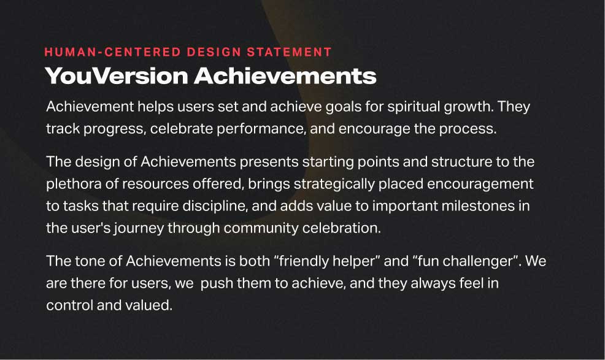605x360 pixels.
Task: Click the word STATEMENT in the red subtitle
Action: pyautogui.click(x=289, y=52)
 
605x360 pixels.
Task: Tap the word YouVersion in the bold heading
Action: pyautogui.click(x=116, y=75)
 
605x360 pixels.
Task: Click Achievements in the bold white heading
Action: pyautogui.click(x=285, y=75)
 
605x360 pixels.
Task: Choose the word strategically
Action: pyautogui.click(x=334, y=184)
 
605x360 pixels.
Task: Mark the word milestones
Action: pyautogui.click(x=478, y=206)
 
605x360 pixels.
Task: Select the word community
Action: pyautogui.click(x=261, y=228)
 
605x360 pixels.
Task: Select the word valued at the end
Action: pyautogui.click(x=148, y=305)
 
